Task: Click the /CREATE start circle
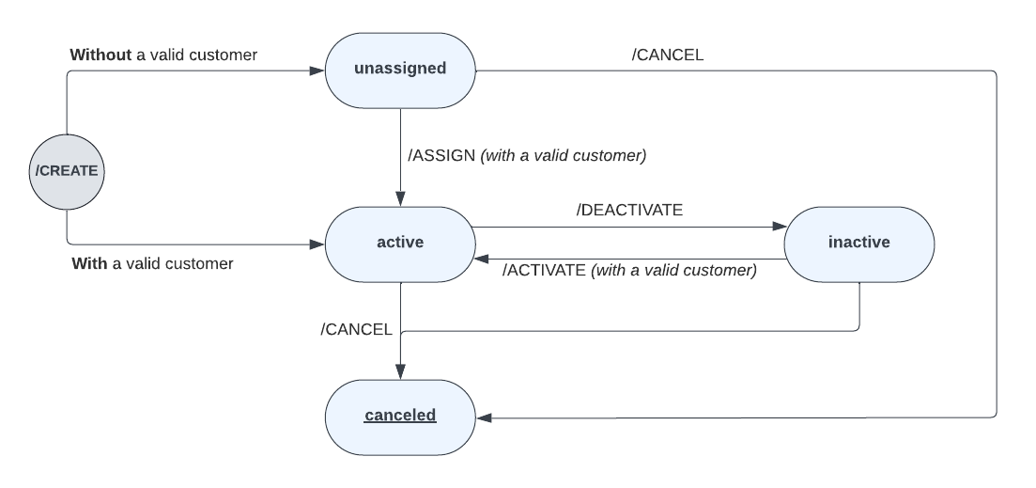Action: pyautogui.click(x=66, y=171)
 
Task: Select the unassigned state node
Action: pyautogui.click(x=400, y=69)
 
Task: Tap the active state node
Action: pyautogui.click(x=400, y=243)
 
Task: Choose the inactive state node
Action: pyautogui.click(x=858, y=243)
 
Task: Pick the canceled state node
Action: pyautogui.click(x=400, y=415)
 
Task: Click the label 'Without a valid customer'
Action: pyautogui.click(x=163, y=55)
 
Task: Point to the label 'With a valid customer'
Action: pyautogui.click(x=152, y=263)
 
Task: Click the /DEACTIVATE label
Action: pyautogui.click(x=629, y=210)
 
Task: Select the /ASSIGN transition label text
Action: pyautogui.click(x=526, y=155)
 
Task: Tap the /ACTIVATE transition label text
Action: pyautogui.click(x=629, y=270)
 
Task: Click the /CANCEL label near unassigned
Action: pyautogui.click(x=667, y=55)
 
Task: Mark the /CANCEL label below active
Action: pyautogui.click(x=356, y=329)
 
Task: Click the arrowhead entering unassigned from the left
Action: pyautogui.click(x=317, y=71)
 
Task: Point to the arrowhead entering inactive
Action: pyautogui.click(x=778, y=227)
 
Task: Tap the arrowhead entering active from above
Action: pyautogui.click(x=400, y=199)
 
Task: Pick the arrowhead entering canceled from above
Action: pyautogui.click(x=400, y=372)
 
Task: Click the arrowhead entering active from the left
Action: pyautogui.click(x=317, y=244)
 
